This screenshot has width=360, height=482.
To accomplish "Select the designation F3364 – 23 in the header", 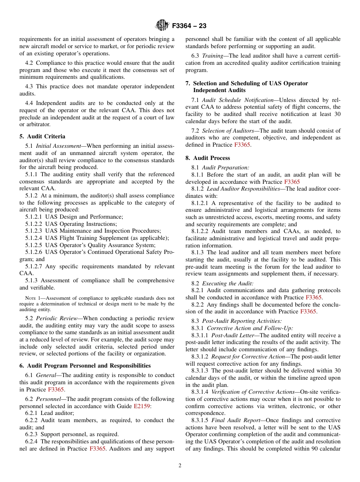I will coord(189,26).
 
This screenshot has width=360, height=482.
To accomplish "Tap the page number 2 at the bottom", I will coord(180,466).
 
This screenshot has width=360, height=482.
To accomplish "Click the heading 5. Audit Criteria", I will coord(42,136).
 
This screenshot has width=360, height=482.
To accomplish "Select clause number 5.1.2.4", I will coord(34,238).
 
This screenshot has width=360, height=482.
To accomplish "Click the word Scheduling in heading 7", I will coord(241,83).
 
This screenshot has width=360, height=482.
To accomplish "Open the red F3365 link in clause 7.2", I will coord(242,145).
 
